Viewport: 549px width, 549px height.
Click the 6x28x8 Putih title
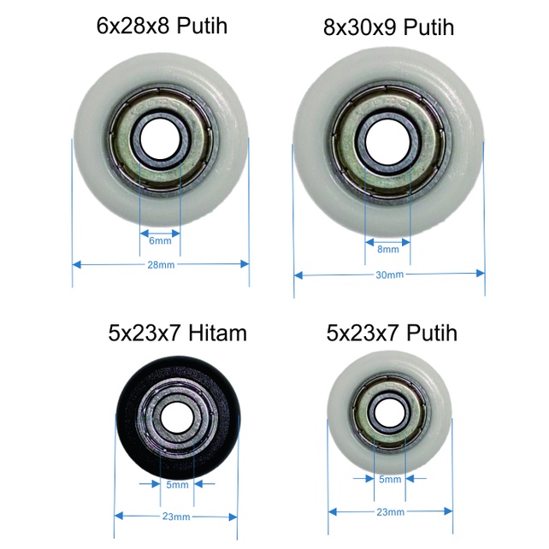coord(162,26)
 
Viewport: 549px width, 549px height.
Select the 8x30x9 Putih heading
coord(388,27)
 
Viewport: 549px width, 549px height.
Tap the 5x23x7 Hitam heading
coord(178,333)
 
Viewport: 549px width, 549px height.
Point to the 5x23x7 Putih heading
coord(392,333)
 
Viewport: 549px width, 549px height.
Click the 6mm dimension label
coord(160,241)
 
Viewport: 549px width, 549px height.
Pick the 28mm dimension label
coord(161,265)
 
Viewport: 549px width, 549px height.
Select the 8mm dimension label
coord(388,250)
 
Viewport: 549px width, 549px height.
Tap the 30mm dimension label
coord(390,274)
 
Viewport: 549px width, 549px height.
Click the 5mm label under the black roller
coord(177,485)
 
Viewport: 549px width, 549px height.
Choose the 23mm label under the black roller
coord(176,517)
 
